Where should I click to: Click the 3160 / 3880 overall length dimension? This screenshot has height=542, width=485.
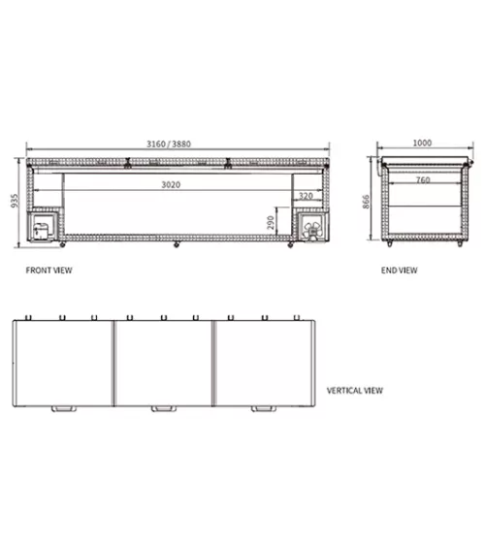tap(169, 143)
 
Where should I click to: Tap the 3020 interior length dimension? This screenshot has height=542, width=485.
tap(171, 185)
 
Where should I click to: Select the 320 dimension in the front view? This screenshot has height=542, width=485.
tap(306, 196)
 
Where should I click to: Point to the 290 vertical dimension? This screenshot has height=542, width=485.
tap(271, 223)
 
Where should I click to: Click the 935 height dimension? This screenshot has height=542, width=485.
tap(15, 201)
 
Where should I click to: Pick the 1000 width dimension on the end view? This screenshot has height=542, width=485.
tap(422, 143)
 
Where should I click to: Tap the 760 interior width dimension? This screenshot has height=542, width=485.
tap(423, 179)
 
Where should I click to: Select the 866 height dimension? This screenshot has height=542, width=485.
tap(366, 202)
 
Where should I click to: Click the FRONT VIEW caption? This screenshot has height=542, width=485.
tap(49, 271)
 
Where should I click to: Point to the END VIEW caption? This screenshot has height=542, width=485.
tap(400, 271)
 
